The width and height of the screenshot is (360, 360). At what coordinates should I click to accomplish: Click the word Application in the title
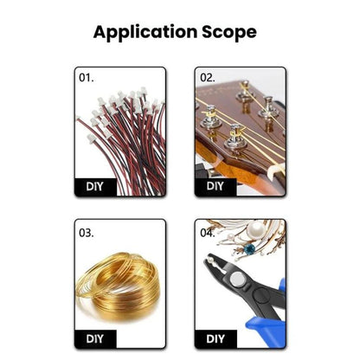(x=145, y=32)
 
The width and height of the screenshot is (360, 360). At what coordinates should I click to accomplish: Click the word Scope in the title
(x=229, y=31)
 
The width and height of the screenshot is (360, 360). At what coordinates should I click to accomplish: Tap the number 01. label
(x=87, y=78)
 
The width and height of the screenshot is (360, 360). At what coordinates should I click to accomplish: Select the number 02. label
(x=208, y=78)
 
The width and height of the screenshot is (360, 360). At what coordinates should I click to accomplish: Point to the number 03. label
(x=87, y=233)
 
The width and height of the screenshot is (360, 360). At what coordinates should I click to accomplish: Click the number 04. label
(x=208, y=233)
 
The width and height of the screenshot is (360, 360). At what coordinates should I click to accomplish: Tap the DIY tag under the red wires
(x=95, y=187)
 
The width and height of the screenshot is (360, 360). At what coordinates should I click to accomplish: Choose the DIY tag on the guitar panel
(x=215, y=186)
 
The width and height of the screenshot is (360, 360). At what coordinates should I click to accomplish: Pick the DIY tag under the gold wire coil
(x=95, y=339)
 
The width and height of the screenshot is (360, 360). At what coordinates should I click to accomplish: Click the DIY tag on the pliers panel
(x=215, y=339)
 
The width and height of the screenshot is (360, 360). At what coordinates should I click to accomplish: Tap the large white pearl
(x=256, y=230)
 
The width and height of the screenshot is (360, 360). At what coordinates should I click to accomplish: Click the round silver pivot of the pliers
(x=237, y=279)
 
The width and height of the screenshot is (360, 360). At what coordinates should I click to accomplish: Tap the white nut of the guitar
(x=275, y=170)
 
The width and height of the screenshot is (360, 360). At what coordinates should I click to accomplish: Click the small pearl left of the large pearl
(x=230, y=237)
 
